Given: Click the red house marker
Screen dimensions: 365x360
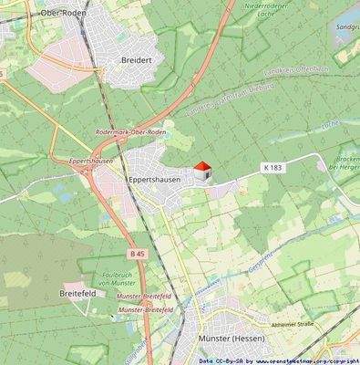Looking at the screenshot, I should point(201,171).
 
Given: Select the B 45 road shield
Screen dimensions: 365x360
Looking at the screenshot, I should point(137,253).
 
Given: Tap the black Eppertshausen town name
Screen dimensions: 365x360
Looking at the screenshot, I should point(154,180).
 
